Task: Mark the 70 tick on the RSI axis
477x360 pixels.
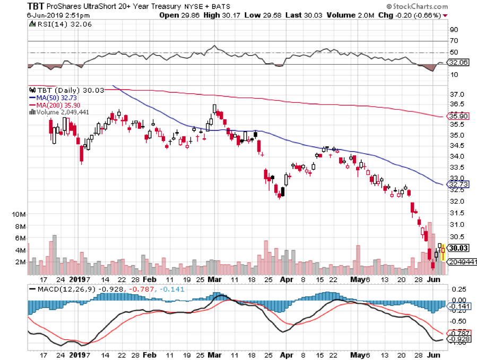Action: tap(454, 41)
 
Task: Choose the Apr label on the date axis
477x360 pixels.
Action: tap(286, 278)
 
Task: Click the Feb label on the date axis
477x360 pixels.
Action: tap(150, 278)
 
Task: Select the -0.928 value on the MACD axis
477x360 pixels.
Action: tap(459, 338)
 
